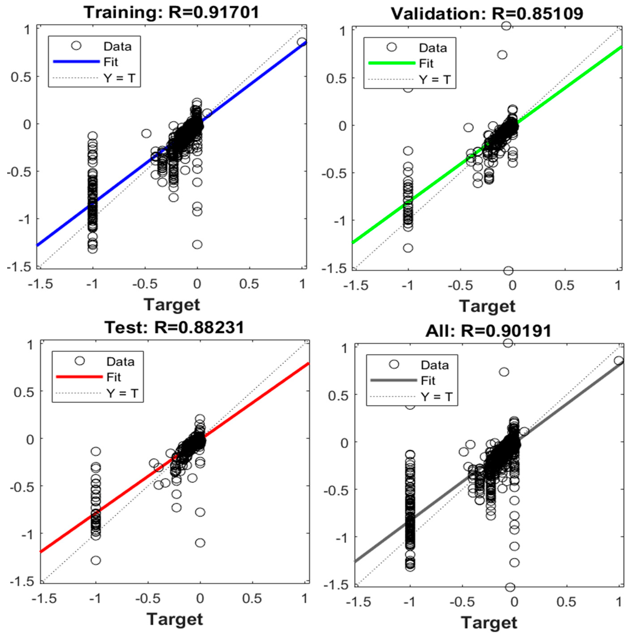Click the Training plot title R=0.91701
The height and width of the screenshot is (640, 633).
(x=171, y=13)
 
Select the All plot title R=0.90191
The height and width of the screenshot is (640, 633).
(x=488, y=331)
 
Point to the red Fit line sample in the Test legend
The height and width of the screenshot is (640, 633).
(x=79, y=377)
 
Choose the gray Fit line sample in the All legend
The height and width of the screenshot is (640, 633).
(x=394, y=380)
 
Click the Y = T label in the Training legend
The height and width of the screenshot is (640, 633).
(x=119, y=78)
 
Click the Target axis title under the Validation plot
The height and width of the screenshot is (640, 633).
(x=487, y=306)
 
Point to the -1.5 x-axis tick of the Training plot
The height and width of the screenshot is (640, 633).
(x=40, y=284)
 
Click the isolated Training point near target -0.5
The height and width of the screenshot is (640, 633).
(x=146, y=133)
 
